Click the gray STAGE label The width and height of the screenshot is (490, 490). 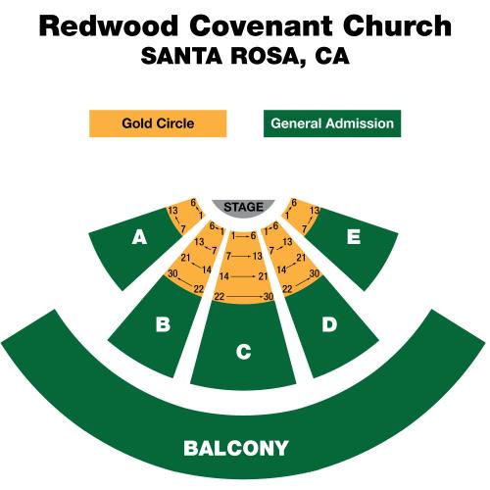point(243,207)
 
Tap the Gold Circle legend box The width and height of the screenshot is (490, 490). point(158,123)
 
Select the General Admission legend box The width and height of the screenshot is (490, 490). point(332,123)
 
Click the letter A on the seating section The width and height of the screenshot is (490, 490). point(139,237)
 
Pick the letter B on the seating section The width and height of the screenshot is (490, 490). point(163,324)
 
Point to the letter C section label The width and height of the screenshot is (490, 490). point(244,352)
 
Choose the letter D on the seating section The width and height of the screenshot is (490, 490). point(329,324)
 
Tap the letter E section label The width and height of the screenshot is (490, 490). point(354,236)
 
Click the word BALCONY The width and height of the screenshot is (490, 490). point(236,448)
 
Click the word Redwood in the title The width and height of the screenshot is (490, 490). point(109,25)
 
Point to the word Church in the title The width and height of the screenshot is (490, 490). point(397,25)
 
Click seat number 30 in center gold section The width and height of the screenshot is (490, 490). point(269,296)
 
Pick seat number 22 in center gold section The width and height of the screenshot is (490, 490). point(220,296)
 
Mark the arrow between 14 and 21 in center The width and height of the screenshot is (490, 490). point(243,276)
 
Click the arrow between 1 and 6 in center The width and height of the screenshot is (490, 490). point(243,235)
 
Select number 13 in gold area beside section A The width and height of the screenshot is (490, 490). point(172,210)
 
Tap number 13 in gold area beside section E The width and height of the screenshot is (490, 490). point(315,210)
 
